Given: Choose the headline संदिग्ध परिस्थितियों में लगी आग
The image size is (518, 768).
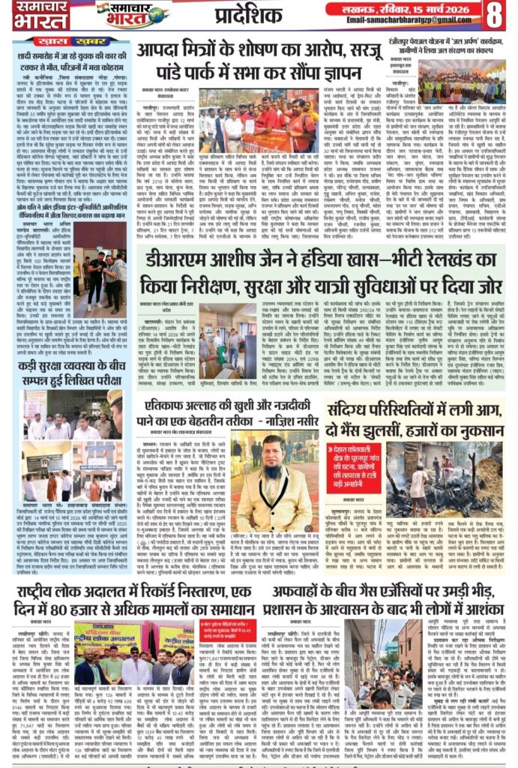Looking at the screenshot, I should point(417,415).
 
